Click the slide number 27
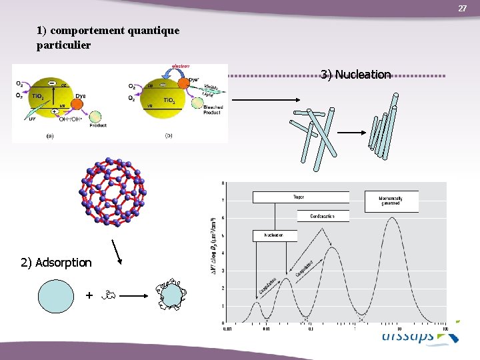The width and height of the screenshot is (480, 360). (462, 8)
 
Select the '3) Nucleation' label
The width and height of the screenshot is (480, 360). (355, 74)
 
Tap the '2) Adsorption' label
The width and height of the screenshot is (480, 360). (56, 262)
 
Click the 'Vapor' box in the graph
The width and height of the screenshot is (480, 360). (300, 197)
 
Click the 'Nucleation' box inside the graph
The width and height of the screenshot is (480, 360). (274, 235)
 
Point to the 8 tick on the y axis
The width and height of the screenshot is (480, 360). (223, 183)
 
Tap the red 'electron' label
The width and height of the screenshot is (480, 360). (181, 66)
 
